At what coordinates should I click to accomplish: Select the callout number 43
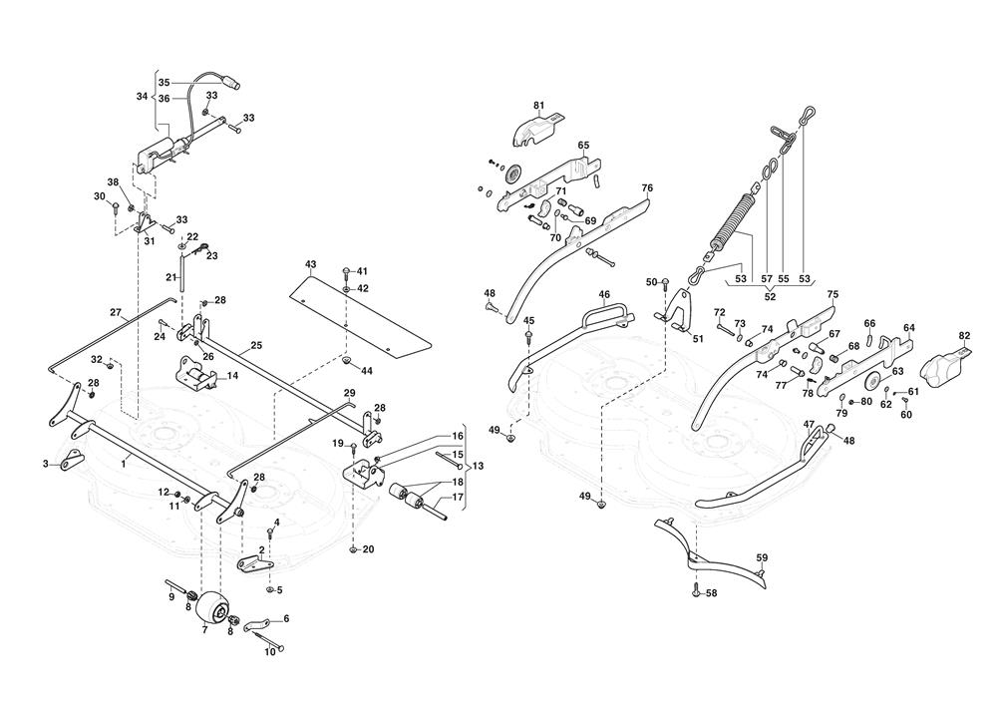(x=310, y=263)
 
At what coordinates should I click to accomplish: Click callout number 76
(x=647, y=188)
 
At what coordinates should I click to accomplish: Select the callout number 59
(x=762, y=558)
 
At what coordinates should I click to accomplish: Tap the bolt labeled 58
(x=696, y=591)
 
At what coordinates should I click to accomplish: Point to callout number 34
(x=142, y=96)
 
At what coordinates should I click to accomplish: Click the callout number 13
(x=479, y=466)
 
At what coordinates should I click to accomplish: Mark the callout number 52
(x=770, y=296)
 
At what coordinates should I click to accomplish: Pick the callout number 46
(x=604, y=294)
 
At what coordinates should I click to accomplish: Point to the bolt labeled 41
(x=346, y=272)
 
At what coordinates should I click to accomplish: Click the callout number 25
(x=256, y=345)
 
